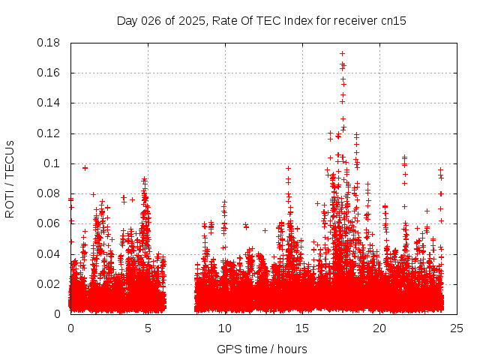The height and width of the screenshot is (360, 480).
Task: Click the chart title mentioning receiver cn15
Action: [x=262, y=20]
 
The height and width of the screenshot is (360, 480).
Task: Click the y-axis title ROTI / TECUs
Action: [x=10, y=178]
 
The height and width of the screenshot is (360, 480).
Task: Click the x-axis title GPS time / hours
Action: [x=262, y=349]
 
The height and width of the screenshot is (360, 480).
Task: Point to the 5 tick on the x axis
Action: [x=148, y=328]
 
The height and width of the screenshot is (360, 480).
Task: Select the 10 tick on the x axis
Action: [x=225, y=328]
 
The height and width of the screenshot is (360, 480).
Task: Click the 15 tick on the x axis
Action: [x=302, y=328]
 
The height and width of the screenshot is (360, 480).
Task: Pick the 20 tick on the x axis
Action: [x=379, y=328]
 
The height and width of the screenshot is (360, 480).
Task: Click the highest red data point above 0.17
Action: [x=342, y=54]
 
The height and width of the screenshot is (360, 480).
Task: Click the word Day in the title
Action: [x=128, y=20]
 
